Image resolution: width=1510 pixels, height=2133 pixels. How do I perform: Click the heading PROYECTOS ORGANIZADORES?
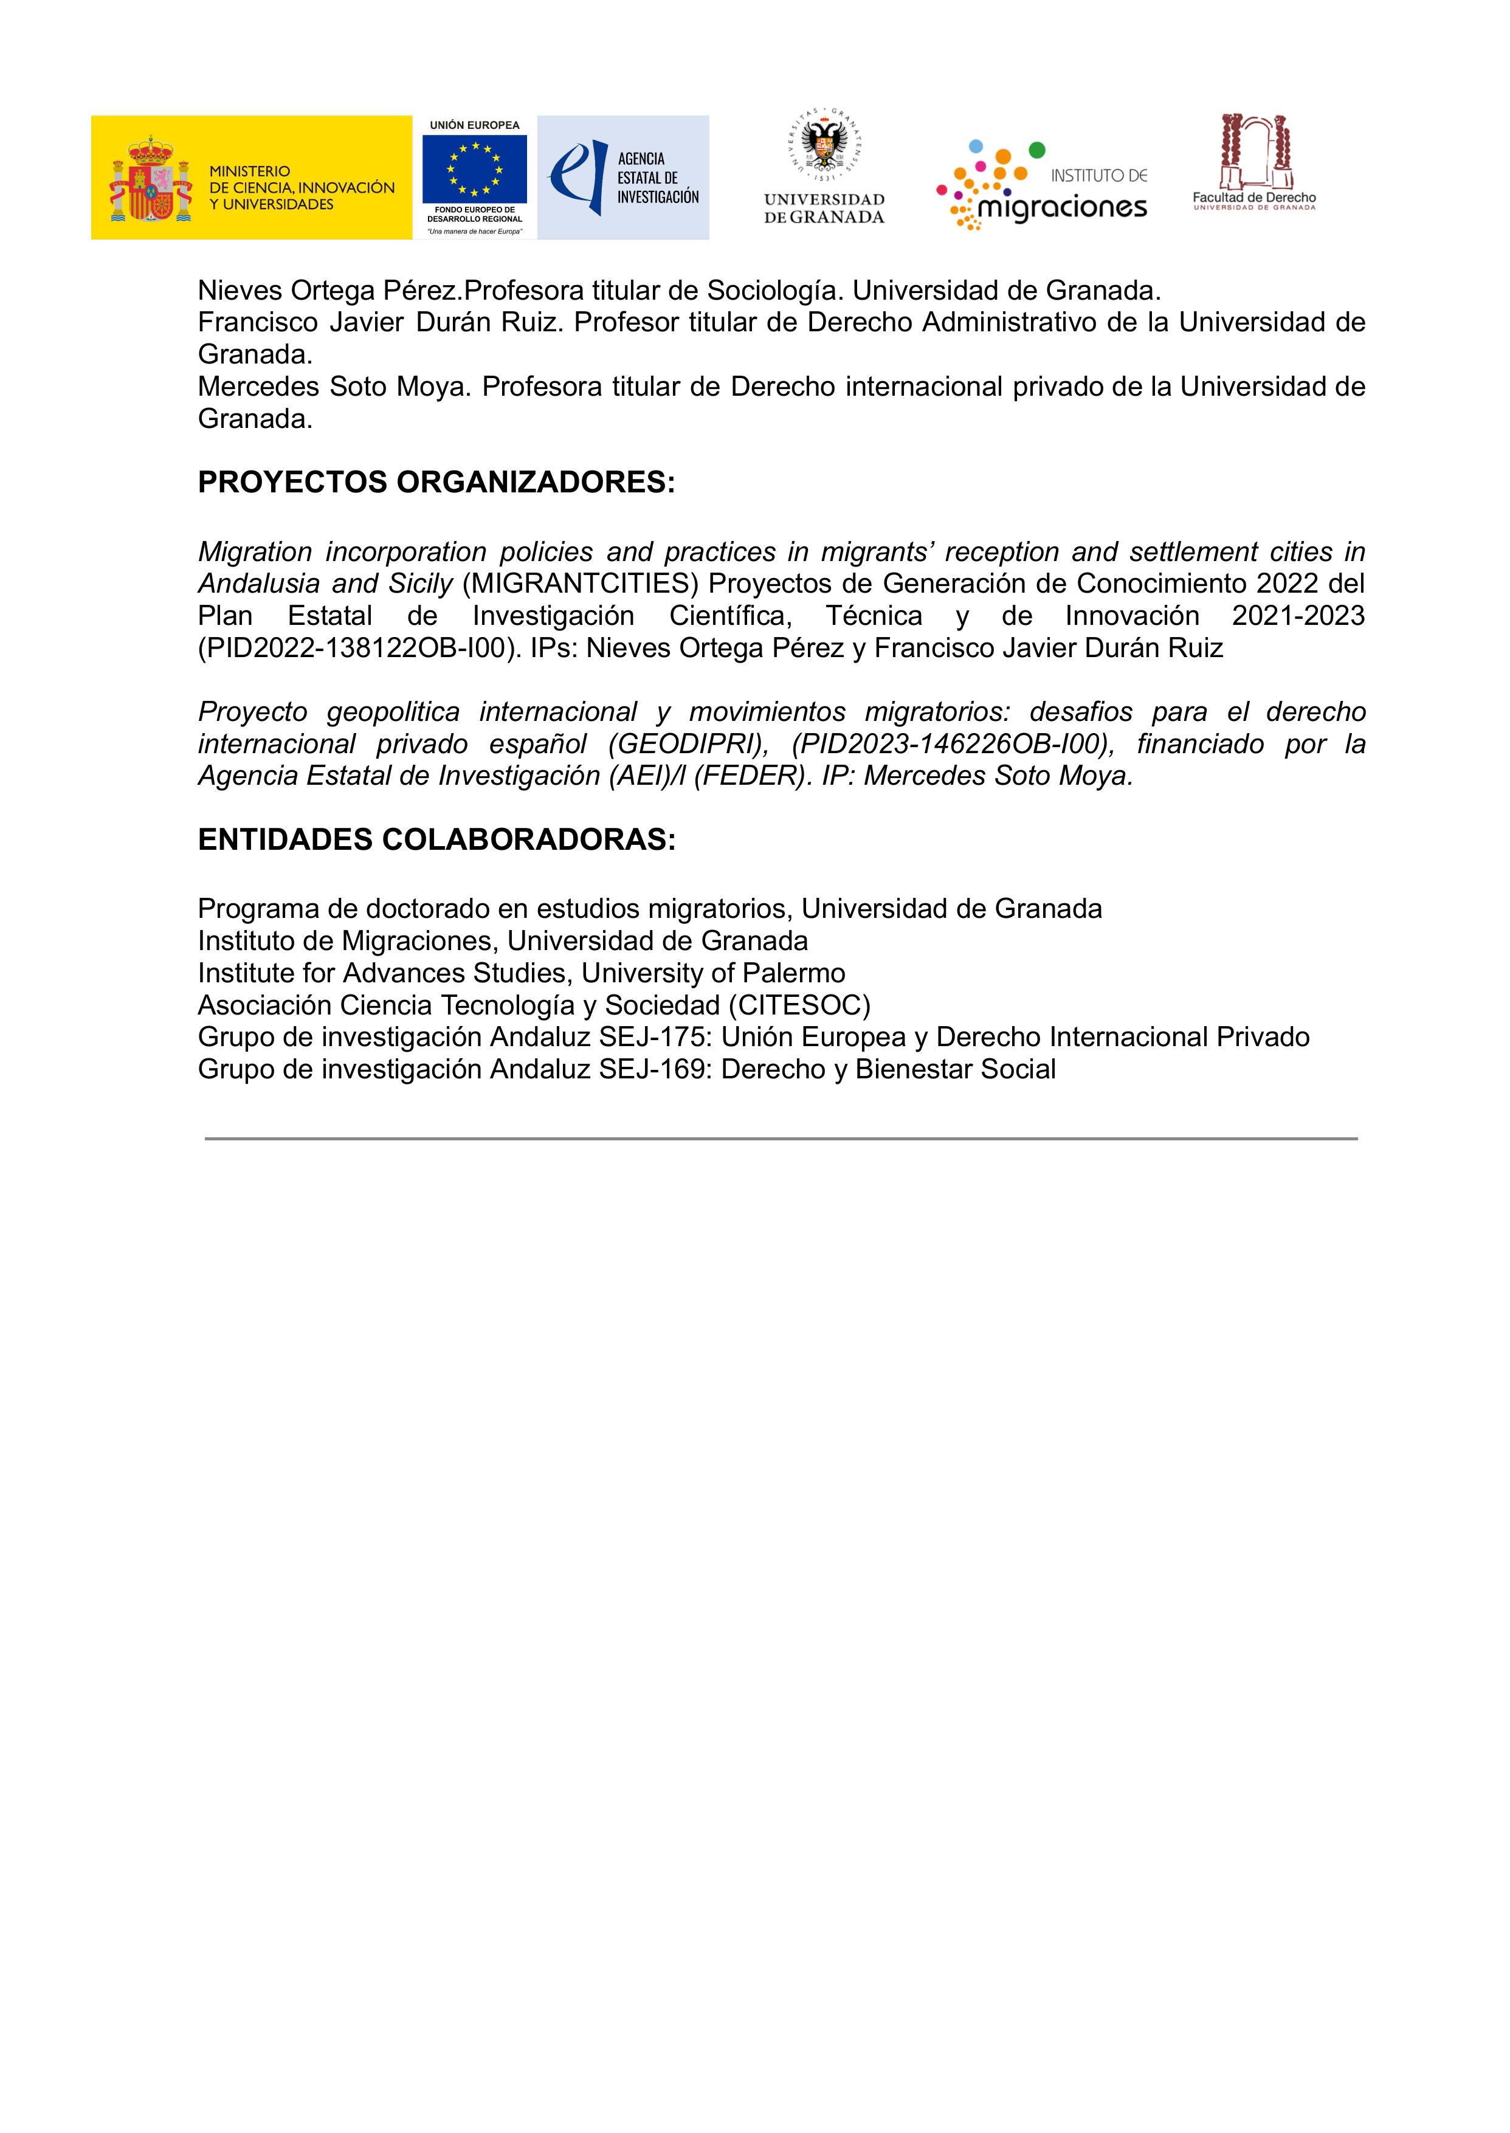pyautogui.click(x=436, y=483)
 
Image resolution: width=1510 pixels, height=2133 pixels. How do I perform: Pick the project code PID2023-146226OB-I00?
pyautogui.click(x=952, y=744)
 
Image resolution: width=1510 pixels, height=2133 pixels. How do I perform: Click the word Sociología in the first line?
pyautogui.click(x=774, y=291)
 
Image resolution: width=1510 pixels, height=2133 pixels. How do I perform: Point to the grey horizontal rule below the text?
pyautogui.click(x=781, y=1138)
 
